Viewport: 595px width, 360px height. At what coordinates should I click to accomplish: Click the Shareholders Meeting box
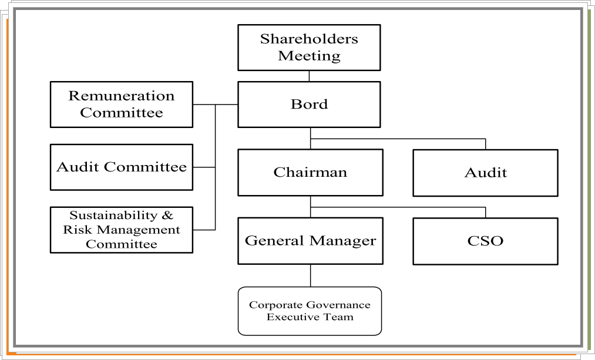pos(309,48)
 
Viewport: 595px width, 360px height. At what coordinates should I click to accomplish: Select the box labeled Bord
pos(309,105)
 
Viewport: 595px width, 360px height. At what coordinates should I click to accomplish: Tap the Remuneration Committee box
pos(122,105)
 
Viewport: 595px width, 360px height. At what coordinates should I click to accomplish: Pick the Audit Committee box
pos(122,167)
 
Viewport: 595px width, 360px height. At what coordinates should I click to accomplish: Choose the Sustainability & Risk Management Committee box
pos(122,230)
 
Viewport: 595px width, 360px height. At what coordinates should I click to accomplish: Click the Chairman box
pos(310,173)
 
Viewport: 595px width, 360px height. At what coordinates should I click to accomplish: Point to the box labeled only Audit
pos(485,173)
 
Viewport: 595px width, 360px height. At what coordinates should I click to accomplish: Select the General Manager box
pos(310,241)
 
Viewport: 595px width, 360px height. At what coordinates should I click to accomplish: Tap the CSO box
pos(485,241)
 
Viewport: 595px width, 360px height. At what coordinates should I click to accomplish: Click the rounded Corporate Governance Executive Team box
pos(310,311)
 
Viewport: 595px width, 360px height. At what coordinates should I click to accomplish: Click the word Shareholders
pos(309,39)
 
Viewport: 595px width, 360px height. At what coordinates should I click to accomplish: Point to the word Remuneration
pos(122,96)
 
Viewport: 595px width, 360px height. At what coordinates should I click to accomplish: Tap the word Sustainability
pos(113,216)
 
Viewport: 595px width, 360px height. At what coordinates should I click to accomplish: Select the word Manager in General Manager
pos(342,241)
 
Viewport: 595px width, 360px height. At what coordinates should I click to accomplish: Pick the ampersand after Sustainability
pos(167,216)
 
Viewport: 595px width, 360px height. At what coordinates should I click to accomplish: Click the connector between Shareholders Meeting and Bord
pos(309,76)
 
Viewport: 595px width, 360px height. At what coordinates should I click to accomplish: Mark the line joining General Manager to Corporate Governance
pos(310,275)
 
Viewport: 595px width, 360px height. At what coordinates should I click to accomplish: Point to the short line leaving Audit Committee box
pos(204,167)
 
